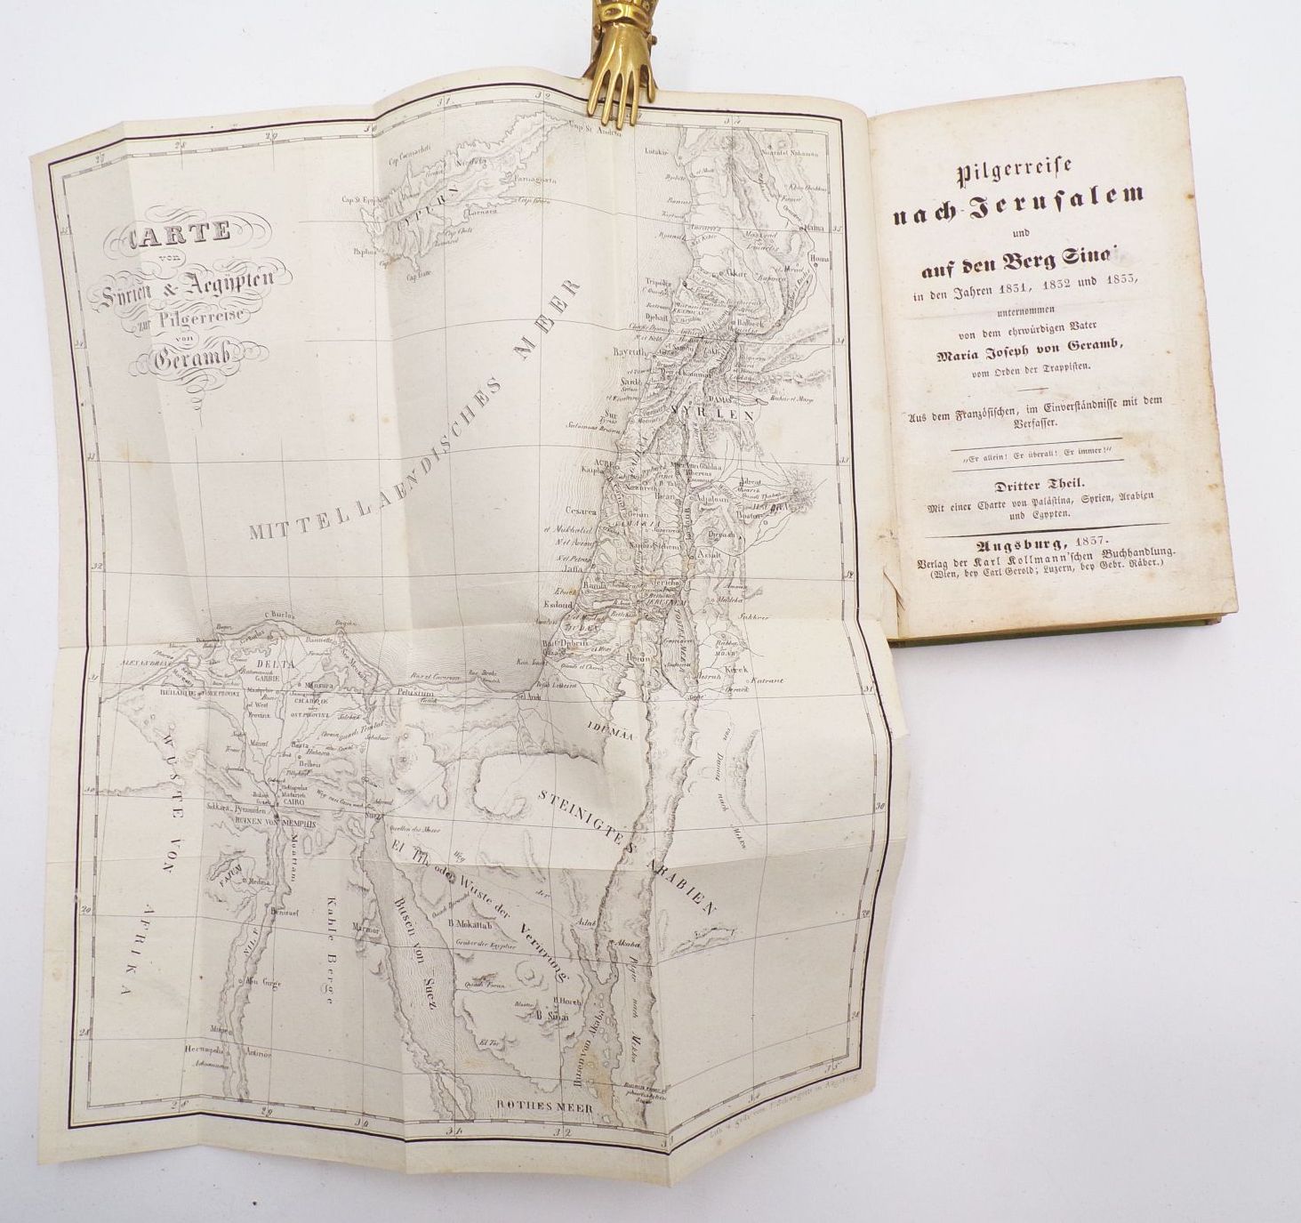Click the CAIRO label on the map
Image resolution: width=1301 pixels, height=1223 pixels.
pos(294,801)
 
